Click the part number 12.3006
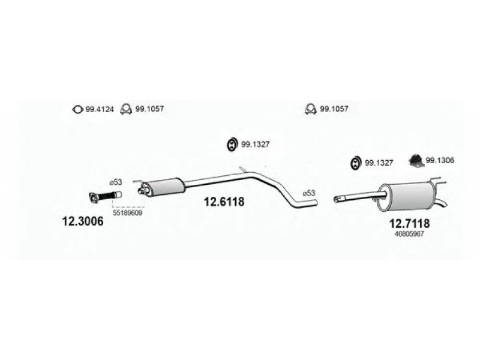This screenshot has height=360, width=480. [x=83, y=221]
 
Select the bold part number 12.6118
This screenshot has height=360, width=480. [x=225, y=202]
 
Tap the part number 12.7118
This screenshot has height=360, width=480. [x=410, y=223]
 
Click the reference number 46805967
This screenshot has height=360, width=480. [x=410, y=235]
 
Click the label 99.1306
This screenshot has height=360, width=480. [x=440, y=160]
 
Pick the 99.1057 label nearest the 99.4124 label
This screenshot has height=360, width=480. [x=150, y=109]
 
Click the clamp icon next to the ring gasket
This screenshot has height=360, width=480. [x=126, y=109]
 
